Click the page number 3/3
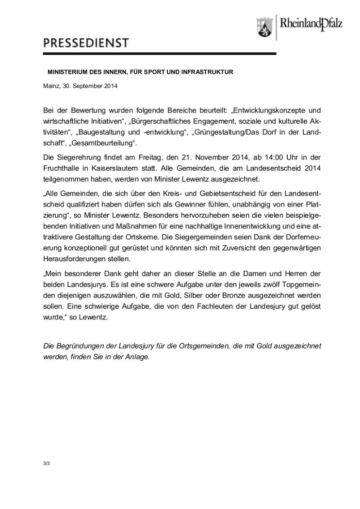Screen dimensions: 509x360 [x=47, y=464]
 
